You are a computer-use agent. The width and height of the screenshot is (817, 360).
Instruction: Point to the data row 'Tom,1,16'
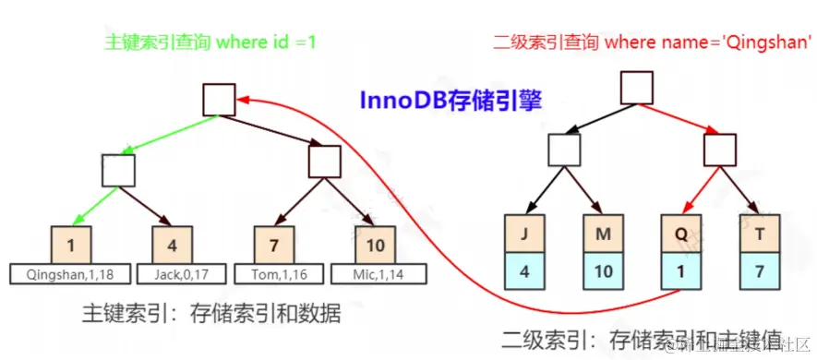click(x=274, y=274)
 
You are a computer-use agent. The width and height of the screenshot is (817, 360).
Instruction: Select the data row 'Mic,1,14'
click(x=374, y=274)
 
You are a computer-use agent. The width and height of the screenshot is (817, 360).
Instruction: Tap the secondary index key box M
click(x=604, y=234)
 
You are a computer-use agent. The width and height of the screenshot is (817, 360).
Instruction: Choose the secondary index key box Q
click(x=680, y=234)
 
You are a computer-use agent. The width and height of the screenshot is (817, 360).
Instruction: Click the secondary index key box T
click(x=759, y=234)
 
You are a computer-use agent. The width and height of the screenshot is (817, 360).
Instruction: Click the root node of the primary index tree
click(x=220, y=100)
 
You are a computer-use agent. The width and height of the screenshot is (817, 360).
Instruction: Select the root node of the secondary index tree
click(x=637, y=88)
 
